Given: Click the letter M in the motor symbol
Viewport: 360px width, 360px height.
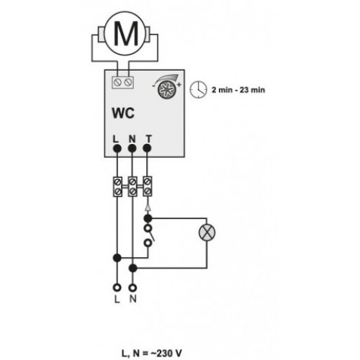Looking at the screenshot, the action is [x=126, y=34].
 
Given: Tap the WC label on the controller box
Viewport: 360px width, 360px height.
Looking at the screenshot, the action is [x=123, y=113].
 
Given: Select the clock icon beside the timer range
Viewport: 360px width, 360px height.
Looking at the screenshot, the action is [x=198, y=89].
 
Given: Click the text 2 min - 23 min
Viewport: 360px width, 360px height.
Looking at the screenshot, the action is [x=238, y=90].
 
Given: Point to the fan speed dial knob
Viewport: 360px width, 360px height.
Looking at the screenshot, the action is [x=167, y=89].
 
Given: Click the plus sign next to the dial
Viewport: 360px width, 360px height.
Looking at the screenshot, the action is [x=179, y=85].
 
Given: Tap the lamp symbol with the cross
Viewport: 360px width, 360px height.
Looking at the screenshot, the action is [x=207, y=233].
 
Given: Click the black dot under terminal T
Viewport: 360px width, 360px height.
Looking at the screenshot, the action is [x=147, y=148].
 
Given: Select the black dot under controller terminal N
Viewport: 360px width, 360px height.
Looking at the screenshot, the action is [x=132, y=148].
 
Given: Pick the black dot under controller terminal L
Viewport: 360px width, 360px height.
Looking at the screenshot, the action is [x=117, y=148].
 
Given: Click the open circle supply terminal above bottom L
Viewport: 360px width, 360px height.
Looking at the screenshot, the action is [x=117, y=287].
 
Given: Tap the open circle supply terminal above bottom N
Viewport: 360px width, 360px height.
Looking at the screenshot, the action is [x=132, y=287].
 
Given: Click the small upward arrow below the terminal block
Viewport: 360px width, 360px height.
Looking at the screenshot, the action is [x=148, y=207].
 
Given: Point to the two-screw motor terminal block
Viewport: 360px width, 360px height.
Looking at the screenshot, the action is [x=122, y=83].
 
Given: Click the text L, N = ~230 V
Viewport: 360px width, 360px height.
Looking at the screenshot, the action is [x=152, y=354].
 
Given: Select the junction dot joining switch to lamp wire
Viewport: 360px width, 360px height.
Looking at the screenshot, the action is [x=148, y=218].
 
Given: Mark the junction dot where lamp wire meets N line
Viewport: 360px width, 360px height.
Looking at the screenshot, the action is [x=132, y=268].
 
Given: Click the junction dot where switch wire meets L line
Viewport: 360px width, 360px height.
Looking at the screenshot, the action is [x=117, y=258].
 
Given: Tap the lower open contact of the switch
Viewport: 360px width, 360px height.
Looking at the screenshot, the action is [x=148, y=243].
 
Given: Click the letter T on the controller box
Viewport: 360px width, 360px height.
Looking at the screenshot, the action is [x=149, y=139].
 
